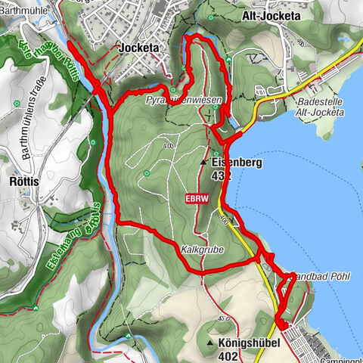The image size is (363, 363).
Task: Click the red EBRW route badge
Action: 194,199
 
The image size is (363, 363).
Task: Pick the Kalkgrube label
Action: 199,248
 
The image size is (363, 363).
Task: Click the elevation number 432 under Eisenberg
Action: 221,175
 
